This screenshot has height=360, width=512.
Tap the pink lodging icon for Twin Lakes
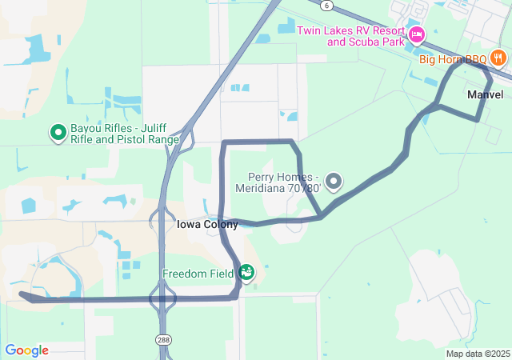(x=416, y=34)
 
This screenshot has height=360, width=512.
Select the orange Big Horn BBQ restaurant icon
(x=498, y=58)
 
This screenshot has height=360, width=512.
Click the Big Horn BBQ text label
(x=453, y=58)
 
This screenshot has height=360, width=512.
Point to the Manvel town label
(x=485, y=94)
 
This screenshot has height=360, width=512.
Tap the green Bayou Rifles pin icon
(x=58, y=132)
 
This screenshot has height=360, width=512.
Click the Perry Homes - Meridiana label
(x=284, y=182)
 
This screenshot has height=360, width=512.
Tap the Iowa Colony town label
(x=206, y=225)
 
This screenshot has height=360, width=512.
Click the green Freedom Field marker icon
(x=246, y=273)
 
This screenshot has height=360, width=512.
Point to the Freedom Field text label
(x=198, y=274)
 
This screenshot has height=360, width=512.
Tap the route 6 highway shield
(x=328, y=5)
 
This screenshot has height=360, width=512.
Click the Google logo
(x=26, y=350)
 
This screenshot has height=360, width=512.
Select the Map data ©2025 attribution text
(x=478, y=354)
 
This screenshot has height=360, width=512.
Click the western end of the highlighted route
(x=22, y=295)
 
